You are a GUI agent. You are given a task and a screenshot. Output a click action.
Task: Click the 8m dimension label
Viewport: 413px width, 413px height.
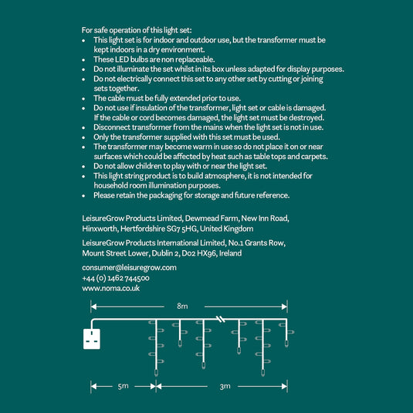pyautogui.click(x=182, y=306)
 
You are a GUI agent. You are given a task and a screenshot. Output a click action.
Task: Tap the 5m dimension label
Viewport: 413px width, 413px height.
pyautogui.click(x=123, y=387)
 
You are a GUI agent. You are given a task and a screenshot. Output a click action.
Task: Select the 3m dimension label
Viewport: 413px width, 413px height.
pyautogui.click(x=225, y=387)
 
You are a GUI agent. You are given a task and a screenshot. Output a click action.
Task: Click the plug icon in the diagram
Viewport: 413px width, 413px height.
pyautogui.click(x=92, y=339)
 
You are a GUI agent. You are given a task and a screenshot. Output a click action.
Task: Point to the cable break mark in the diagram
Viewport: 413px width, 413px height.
pyautogui.click(x=221, y=320)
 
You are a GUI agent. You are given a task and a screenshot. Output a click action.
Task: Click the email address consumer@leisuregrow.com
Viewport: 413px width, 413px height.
pyautogui.click(x=130, y=268)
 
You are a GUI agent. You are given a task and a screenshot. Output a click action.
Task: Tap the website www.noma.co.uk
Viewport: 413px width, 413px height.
pyautogui.click(x=111, y=288)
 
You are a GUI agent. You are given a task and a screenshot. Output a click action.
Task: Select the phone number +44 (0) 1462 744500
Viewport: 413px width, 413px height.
pyautogui.click(x=116, y=278)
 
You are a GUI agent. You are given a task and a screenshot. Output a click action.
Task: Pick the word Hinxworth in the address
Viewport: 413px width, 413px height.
pyautogui.click(x=100, y=229)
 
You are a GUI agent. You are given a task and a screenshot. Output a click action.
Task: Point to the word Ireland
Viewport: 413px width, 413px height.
pyautogui.click(x=231, y=253)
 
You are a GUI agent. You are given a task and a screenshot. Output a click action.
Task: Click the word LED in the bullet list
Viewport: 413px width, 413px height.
pyautogui.click(x=122, y=59)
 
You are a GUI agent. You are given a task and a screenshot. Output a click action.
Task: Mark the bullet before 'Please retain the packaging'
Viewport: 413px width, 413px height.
pyautogui.click(x=83, y=196)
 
